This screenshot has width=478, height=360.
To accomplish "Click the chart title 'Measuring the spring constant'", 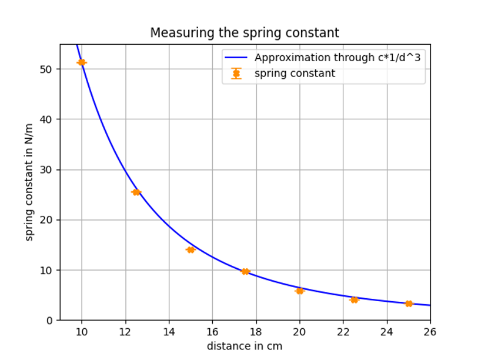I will pyautogui.click(x=245, y=33).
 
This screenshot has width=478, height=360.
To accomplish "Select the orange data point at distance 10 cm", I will pyautogui.click(x=82, y=62).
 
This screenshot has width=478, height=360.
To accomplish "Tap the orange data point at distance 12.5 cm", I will pyautogui.click(x=136, y=192).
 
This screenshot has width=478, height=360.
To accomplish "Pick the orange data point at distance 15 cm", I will pyautogui.click(x=190, y=250).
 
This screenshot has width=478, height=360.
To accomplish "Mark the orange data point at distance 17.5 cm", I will pyautogui.click(x=245, y=272).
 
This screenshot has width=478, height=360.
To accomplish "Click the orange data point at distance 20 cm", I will pyautogui.click(x=300, y=291).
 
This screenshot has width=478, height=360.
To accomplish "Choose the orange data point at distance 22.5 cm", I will pyautogui.click(x=354, y=300).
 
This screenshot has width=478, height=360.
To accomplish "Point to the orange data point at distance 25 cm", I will pyautogui.click(x=409, y=304).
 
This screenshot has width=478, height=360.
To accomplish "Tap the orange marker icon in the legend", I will pyautogui.click(x=236, y=74).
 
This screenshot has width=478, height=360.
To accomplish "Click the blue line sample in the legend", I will pyautogui.click(x=236, y=58).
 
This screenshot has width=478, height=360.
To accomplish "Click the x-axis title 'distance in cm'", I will pyautogui.click(x=245, y=346).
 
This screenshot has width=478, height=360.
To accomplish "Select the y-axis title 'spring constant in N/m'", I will pyautogui.click(x=30, y=182).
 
